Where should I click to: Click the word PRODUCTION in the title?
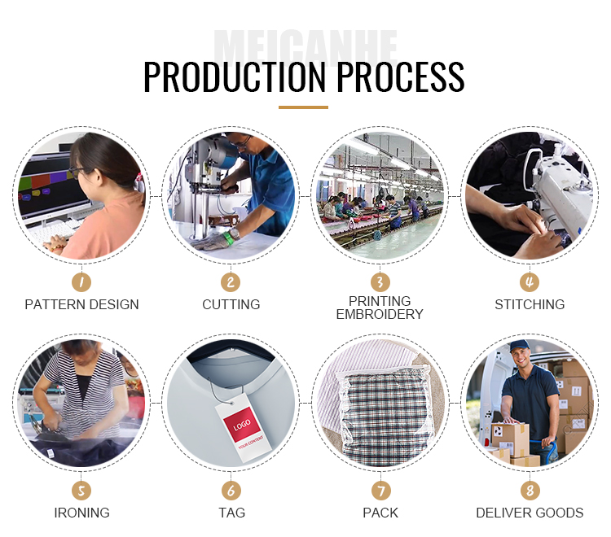click(235, 76)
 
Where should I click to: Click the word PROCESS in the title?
click(401, 76)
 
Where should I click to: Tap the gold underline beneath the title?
click(303, 107)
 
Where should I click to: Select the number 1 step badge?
click(81, 282)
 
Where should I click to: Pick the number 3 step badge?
click(380, 282)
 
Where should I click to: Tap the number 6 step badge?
click(231, 491)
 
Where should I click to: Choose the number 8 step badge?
click(530, 491)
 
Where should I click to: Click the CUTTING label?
click(231, 304)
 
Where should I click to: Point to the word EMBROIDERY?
click(380, 314)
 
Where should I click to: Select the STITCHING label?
click(530, 304)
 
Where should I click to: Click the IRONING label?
click(81, 513)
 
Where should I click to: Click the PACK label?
click(380, 513)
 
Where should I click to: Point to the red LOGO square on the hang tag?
click(242, 424)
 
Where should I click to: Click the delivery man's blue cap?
click(520, 346)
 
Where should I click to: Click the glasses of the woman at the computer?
click(76, 171)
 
